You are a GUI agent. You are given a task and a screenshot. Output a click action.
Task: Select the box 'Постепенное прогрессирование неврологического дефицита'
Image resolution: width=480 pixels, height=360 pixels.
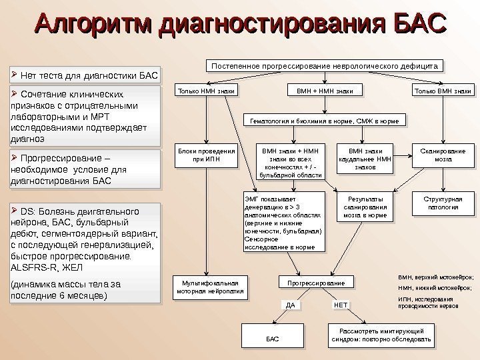(x=325, y=67)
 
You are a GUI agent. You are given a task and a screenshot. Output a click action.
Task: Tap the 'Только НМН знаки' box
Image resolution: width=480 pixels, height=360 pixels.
(x=206, y=91)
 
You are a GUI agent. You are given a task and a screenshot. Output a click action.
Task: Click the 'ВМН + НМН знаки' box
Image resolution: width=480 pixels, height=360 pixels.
(x=325, y=91)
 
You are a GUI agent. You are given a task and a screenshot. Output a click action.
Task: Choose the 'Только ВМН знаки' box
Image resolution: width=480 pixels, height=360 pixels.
(x=443, y=91)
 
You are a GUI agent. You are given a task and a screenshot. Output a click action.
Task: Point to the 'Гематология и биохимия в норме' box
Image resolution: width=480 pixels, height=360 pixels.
(x=325, y=122)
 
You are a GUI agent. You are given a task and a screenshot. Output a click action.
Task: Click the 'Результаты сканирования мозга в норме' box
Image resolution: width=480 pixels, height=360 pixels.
(x=365, y=207)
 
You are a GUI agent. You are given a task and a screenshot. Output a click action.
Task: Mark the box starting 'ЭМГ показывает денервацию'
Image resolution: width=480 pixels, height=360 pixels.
(x=283, y=223)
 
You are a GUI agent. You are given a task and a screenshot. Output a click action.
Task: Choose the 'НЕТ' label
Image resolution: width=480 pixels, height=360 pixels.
(x=340, y=305)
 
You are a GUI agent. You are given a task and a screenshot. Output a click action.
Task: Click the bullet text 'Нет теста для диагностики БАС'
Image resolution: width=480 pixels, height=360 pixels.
(x=87, y=73)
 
